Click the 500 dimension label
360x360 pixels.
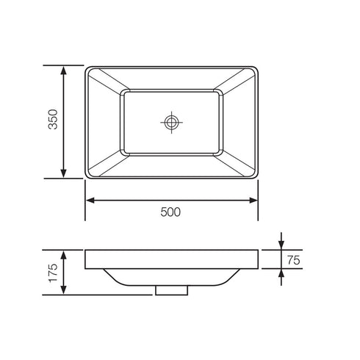click(170, 212)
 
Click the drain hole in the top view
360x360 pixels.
click(172, 122)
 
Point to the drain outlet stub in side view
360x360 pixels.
click(170, 290)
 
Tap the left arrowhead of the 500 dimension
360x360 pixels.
click(90, 199)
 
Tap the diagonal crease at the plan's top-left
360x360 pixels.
click(104, 80)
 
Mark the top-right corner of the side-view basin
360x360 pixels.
click(258, 251)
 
